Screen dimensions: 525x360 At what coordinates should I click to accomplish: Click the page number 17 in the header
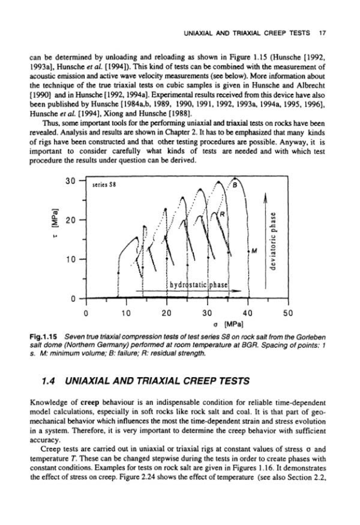[x=322, y=33]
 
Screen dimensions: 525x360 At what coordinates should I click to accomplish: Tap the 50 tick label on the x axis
[x=288, y=313]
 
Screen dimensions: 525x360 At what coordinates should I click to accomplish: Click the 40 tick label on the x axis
[x=248, y=313]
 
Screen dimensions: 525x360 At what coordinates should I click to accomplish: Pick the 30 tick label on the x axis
[x=207, y=313]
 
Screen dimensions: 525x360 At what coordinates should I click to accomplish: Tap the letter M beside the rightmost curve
[x=254, y=250]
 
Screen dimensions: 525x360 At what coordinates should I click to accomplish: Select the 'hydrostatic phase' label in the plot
[x=199, y=285]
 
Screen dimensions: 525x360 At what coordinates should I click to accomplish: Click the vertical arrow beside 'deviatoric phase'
[x=265, y=240]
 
